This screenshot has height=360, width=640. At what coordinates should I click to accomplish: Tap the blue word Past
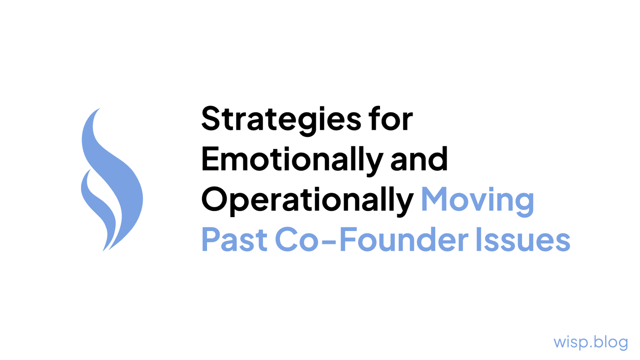pyautogui.click(x=234, y=240)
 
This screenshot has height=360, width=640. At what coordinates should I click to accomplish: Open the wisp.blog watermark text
pyautogui.click(x=590, y=342)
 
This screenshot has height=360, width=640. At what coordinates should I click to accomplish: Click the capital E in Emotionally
pyautogui.click(x=209, y=160)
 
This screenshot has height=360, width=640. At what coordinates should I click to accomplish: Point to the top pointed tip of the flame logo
pyautogui.click(x=99, y=109)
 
